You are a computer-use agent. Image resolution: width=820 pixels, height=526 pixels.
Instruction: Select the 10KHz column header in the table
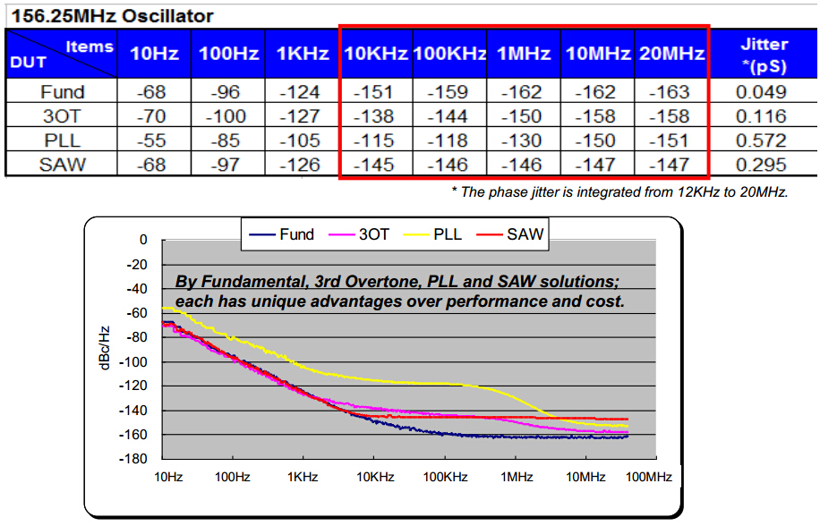click(x=376, y=54)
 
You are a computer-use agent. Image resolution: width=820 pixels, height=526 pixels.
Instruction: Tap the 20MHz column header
click(x=671, y=54)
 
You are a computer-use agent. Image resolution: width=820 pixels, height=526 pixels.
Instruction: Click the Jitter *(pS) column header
click(x=764, y=53)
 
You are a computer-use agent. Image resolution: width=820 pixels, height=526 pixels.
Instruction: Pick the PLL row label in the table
click(x=62, y=140)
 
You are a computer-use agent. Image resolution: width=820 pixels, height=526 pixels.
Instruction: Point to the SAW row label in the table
click(x=62, y=165)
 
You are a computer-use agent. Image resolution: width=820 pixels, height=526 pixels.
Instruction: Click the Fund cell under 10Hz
click(x=154, y=92)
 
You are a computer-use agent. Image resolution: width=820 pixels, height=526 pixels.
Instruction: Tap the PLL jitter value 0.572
click(x=764, y=140)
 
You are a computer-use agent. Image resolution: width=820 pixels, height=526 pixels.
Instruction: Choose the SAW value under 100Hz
click(x=227, y=165)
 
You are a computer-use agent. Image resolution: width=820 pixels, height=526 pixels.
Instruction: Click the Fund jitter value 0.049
click(x=764, y=92)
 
